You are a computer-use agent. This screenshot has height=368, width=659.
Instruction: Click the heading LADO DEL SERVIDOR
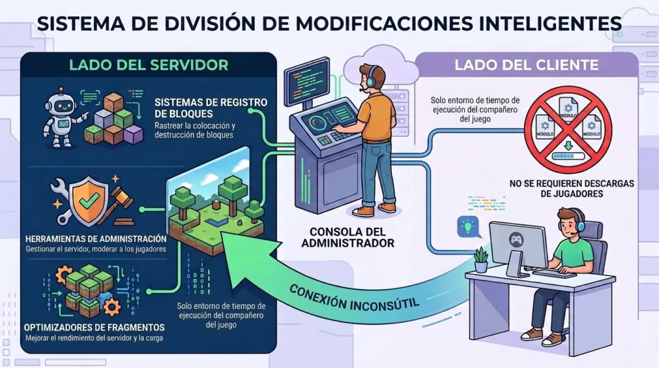pos(149,65)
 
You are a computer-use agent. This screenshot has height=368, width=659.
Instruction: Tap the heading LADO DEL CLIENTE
pos(526,65)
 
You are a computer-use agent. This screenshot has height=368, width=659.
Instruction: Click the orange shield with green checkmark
pos(89,201)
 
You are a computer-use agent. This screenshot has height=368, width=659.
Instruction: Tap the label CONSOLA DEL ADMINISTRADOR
pos(348,237)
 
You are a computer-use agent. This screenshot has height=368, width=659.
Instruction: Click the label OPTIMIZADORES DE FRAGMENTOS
pos(94,327)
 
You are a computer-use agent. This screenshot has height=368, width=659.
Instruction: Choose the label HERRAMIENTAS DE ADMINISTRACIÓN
pos(96,239)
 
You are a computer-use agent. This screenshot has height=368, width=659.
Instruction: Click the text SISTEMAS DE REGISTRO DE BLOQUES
pos(210,108)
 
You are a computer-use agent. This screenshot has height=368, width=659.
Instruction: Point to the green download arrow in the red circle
pos(568,146)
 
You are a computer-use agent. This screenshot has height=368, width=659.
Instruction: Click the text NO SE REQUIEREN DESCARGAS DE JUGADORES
pos(571,189)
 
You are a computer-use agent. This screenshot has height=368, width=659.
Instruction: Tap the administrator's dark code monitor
pos(306,82)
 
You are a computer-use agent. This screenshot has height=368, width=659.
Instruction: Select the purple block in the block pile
pos(134,134)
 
